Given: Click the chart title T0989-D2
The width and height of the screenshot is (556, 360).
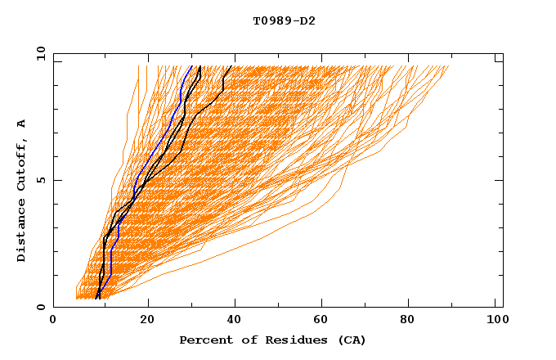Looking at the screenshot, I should coord(284,20).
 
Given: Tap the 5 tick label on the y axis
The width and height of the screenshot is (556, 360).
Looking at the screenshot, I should coord(40,180).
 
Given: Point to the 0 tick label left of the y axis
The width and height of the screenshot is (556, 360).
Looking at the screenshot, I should coord(40,307).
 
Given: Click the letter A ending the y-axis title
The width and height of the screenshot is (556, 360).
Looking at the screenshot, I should coord(22,123).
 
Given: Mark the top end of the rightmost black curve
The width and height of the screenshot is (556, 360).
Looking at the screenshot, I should coord(232,66).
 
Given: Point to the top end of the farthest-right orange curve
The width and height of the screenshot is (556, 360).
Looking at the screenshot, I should coord(449,66).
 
